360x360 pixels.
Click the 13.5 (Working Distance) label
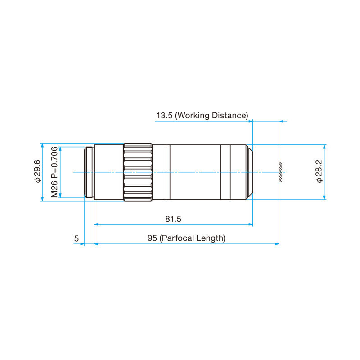(x=202, y=116)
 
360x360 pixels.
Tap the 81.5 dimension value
(x=173, y=219)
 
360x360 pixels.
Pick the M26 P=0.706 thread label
(x=54, y=172)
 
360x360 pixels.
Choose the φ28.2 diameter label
(x=319, y=172)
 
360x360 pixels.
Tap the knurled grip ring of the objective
(x=138, y=172)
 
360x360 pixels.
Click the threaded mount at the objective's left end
(x=89, y=172)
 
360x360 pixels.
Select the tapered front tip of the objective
(x=250, y=172)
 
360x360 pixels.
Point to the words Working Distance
(x=211, y=116)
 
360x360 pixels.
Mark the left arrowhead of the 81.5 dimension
(x=95, y=224)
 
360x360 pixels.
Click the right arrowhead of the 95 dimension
(x=277, y=244)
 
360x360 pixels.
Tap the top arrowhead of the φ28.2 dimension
(x=324, y=147)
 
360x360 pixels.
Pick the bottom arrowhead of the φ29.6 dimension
(x=42, y=198)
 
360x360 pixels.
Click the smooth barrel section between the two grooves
(x=194, y=172)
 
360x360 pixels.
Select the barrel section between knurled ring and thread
(x=108, y=172)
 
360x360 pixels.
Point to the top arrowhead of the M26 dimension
(x=60, y=149)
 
